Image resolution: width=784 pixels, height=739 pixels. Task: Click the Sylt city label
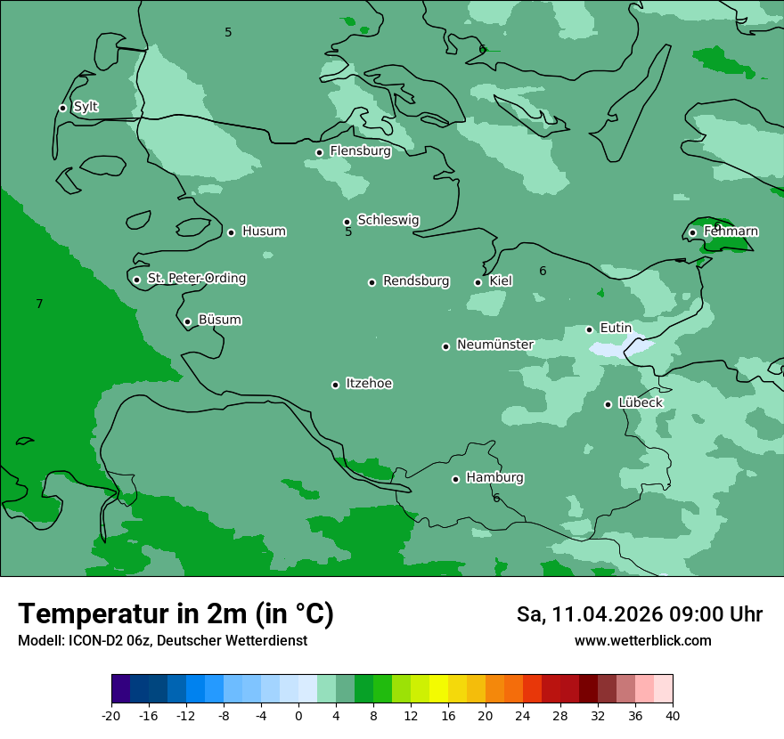click(x=86, y=107)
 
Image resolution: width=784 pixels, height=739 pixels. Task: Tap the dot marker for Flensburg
click(x=319, y=152)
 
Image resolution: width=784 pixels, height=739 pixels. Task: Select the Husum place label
click(x=264, y=231)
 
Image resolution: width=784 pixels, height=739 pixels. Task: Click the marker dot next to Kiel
click(x=478, y=282)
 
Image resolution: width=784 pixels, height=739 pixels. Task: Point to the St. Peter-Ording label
click(x=196, y=279)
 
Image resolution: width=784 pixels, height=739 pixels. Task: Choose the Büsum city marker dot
click(x=187, y=321)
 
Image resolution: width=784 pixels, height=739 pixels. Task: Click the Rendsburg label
click(x=415, y=281)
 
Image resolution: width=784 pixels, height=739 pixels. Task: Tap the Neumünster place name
click(x=494, y=345)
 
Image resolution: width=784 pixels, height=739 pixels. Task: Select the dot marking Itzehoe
click(x=335, y=385)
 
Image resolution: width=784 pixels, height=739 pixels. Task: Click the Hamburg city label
click(x=494, y=478)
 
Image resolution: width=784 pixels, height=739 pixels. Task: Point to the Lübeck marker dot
click(x=608, y=404)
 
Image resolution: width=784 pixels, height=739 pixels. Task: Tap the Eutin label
click(x=615, y=329)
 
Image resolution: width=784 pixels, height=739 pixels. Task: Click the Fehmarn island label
click(x=731, y=231)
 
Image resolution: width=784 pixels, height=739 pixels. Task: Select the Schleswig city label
click(x=388, y=220)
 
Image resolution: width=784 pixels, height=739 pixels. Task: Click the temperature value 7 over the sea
click(x=39, y=305)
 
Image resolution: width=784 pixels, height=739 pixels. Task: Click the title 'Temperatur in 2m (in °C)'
click(x=176, y=614)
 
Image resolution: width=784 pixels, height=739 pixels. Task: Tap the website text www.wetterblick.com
click(x=642, y=641)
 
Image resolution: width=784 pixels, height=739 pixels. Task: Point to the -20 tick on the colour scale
click(x=111, y=716)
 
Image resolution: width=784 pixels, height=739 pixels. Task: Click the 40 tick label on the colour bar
click(x=673, y=716)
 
